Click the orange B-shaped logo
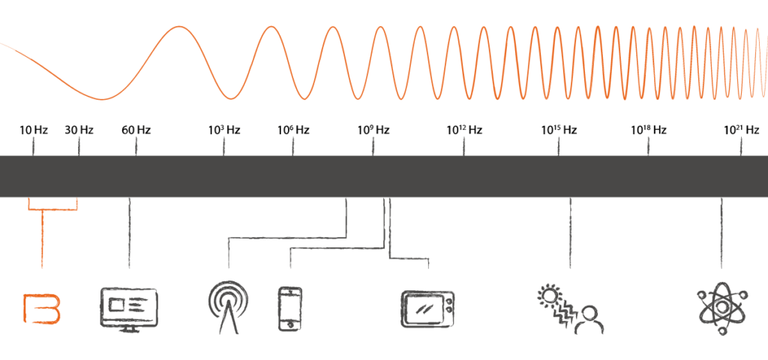[x=41, y=309]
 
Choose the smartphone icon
[x=289, y=307]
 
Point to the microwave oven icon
[x=427, y=308]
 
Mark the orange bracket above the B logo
[x=52, y=205]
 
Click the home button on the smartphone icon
[x=289, y=324]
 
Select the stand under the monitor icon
[x=129, y=328]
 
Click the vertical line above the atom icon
[x=721, y=232]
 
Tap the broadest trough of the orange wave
[x=105, y=98]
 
